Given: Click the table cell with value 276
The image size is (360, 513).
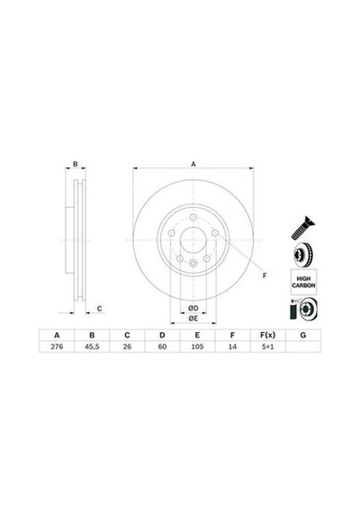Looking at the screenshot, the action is [x=57, y=346].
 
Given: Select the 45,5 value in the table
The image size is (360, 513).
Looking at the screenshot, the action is [x=92, y=346].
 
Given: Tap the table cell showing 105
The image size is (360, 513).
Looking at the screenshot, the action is [x=197, y=346].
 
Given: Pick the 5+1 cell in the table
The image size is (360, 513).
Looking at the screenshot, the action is [x=267, y=346].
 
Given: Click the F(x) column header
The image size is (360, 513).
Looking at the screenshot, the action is [x=267, y=335].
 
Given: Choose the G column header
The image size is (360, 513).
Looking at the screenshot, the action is [x=303, y=335].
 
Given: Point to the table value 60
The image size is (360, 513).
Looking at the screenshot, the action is [x=162, y=346].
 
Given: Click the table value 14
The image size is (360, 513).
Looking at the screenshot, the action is [x=232, y=346].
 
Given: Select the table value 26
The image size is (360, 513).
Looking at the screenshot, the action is [x=127, y=346].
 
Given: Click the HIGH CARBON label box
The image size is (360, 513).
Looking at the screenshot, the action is [x=303, y=282].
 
